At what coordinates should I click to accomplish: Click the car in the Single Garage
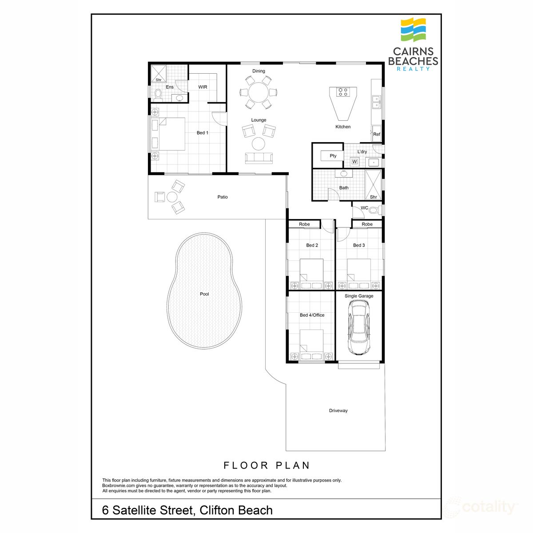(x=358, y=327)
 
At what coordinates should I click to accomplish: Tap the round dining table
(x=259, y=93)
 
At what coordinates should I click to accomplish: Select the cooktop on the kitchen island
(x=342, y=92)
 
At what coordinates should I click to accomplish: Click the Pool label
(x=204, y=294)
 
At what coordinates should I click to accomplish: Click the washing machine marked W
(x=354, y=162)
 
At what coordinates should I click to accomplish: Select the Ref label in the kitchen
(x=377, y=134)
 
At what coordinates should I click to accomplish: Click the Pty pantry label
(x=333, y=156)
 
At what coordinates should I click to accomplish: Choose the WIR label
(x=203, y=87)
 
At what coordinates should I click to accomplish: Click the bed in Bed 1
(x=168, y=134)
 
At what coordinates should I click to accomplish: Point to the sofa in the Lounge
(x=259, y=158)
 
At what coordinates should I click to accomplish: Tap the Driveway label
(x=338, y=411)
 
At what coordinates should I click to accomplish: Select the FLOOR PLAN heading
(x=266, y=465)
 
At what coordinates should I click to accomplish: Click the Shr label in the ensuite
(x=158, y=80)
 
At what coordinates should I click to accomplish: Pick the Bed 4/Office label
(x=312, y=315)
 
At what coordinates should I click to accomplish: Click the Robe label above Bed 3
(x=367, y=224)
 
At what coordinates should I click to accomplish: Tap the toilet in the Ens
(x=158, y=94)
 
